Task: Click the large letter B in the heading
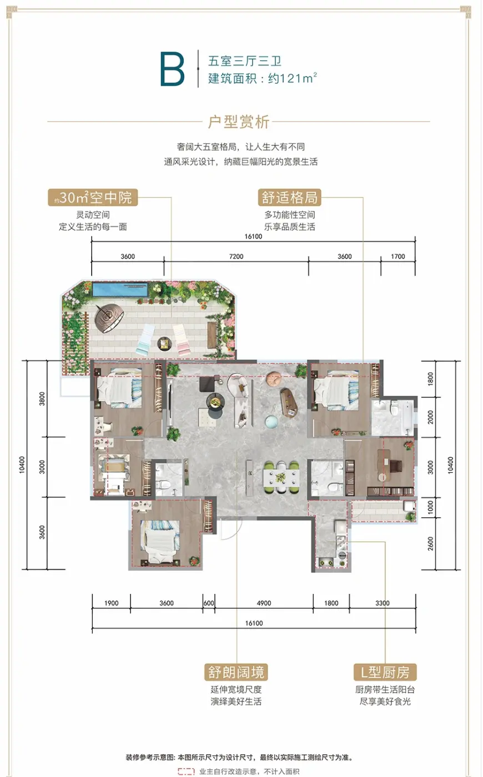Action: [x=172, y=69]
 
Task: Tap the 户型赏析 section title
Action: [x=239, y=122]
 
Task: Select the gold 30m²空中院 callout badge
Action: [x=93, y=198]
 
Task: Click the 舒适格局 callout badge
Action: [x=289, y=198]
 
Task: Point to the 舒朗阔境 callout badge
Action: [x=236, y=672]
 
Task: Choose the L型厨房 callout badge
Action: [x=385, y=672]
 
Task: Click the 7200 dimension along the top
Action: [x=237, y=256]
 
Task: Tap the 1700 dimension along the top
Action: [x=398, y=256]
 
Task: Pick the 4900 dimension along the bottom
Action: [x=264, y=603]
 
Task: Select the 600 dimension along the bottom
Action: [x=209, y=603]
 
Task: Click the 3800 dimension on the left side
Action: [x=42, y=398]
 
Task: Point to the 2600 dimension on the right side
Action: [x=431, y=543]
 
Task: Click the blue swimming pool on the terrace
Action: [x=120, y=289]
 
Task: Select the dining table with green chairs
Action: [x=280, y=477]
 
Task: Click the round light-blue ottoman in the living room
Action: [x=271, y=421]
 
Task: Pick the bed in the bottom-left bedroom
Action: [x=160, y=543]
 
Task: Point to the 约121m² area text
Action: [x=293, y=78]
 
